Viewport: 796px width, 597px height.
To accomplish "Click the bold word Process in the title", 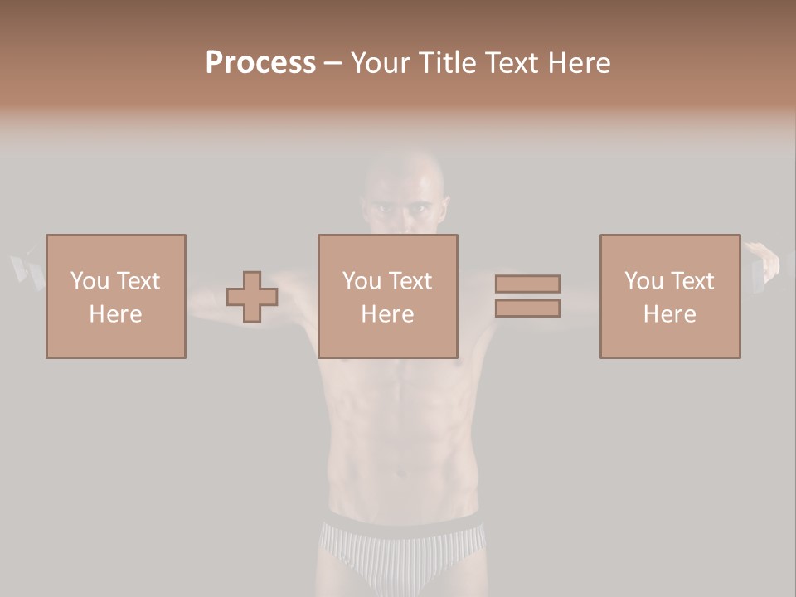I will pyautogui.click(x=260, y=63).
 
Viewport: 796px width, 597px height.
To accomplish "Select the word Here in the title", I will pyautogui.click(x=577, y=63).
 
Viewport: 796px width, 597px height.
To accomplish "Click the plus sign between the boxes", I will pyautogui.click(x=252, y=297).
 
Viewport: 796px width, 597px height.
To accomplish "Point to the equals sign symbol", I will pyautogui.click(x=527, y=296).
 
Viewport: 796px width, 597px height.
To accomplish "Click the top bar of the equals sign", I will pyautogui.click(x=527, y=284).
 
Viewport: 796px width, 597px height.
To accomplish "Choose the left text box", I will pyautogui.click(x=116, y=296).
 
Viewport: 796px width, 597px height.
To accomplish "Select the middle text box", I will pyautogui.click(x=388, y=296).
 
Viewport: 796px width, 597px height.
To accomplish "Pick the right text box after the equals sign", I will pyautogui.click(x=670, y=296).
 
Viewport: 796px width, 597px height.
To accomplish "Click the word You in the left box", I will pyautogui.click(x=89, y=280).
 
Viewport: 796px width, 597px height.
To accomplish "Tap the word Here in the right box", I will pyautogui.click(x=670, y=313).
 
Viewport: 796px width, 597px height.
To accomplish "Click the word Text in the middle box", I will pyautogui.click(x=410, y=280).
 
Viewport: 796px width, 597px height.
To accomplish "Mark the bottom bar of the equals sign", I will pyautogui.click(x=527, y=308).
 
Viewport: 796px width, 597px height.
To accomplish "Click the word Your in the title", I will pyautogui.click(x=381, y=63).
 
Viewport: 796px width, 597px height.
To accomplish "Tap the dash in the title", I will pyautogui.click(x=332, y=63).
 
